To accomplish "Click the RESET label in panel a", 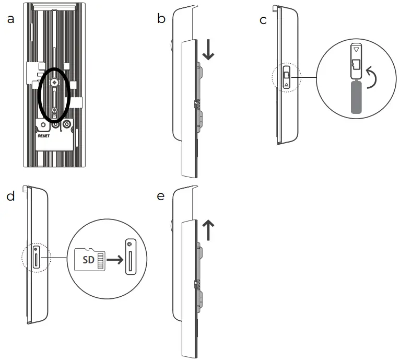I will point(43,134).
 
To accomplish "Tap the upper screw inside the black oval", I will point(55,83).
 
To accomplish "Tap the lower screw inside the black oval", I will point(55,110).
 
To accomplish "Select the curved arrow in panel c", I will point(372,77).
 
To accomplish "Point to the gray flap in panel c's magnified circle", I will point(356,97).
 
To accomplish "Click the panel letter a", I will point(10,19).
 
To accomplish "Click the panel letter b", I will point(161,19).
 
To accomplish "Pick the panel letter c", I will point(263,20).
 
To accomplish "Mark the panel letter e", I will point(161,196).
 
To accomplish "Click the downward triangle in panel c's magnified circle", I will point(356,51).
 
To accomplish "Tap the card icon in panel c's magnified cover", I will point(356,65).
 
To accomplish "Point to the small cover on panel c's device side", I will point(287,78).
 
